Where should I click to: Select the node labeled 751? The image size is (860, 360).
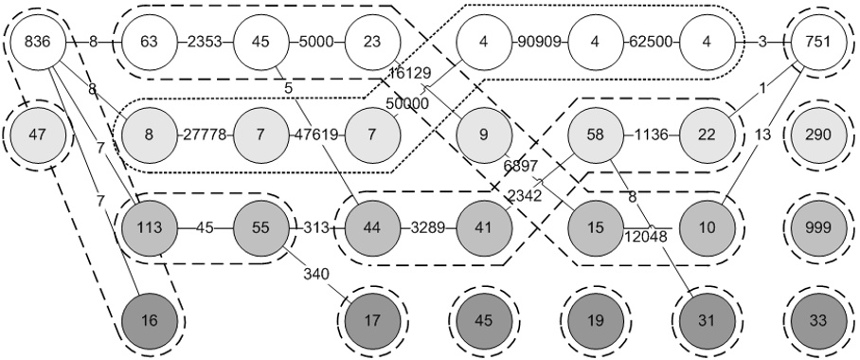(x=817, y=42)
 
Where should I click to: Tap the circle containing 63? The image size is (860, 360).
(x=149, y=42)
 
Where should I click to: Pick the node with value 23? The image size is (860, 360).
(x=371, y=42)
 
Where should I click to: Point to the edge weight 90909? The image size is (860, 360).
(x=539, y=42)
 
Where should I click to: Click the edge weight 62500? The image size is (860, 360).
(x=651, y=42)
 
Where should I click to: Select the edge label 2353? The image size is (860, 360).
(x=205, y=42)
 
